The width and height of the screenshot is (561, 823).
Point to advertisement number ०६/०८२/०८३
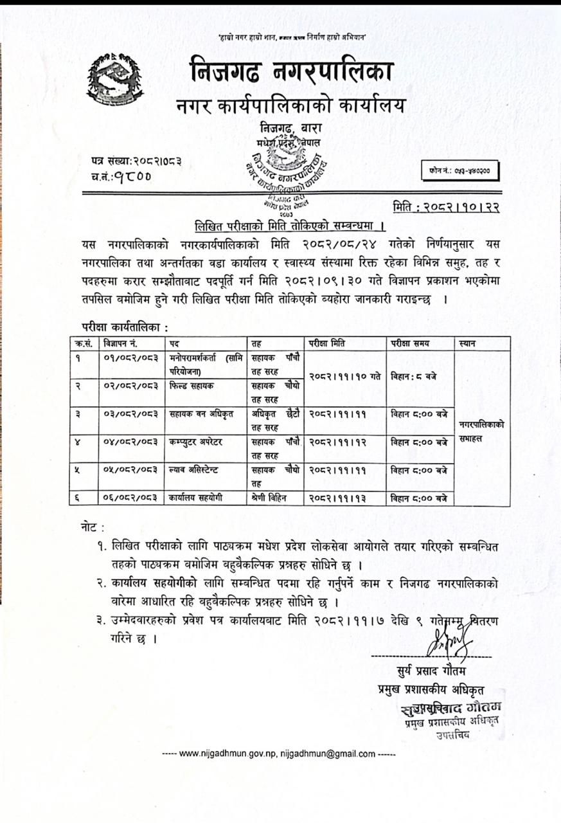click(131, 498)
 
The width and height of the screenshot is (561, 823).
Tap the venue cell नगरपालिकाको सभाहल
click(482, 430)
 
